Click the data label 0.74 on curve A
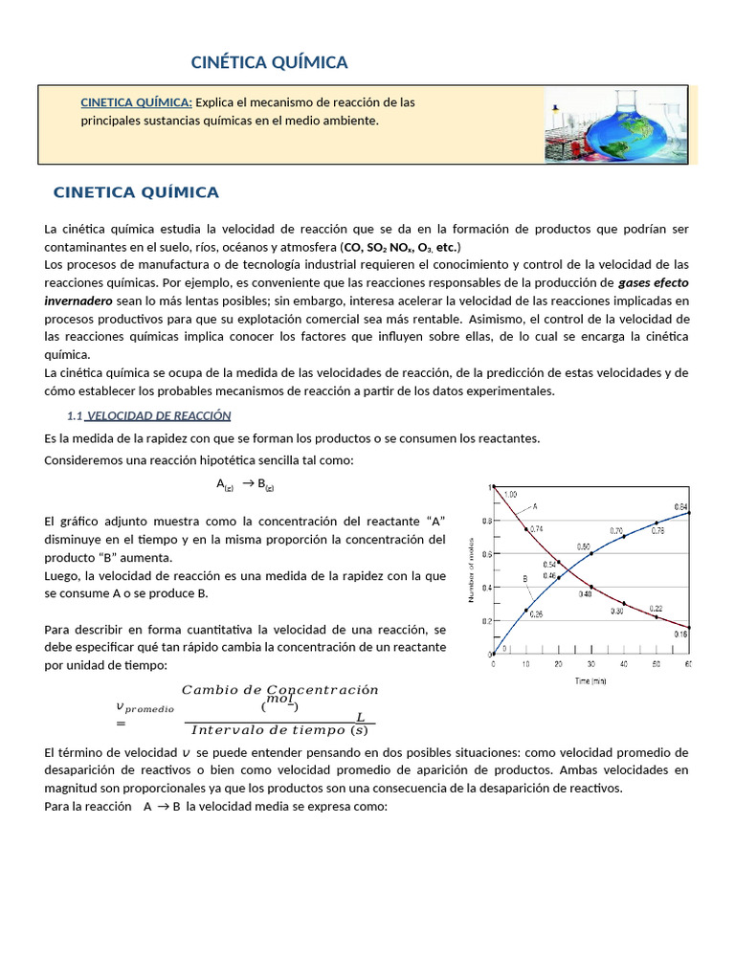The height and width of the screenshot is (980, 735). pyautogui.click(x=536, y=528)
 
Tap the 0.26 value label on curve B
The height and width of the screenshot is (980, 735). pyautogui.click(x=536, y=614)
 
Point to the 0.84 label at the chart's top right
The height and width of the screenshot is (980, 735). pyautogui.click(x=680, y=506)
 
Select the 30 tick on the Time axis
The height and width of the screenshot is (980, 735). pyautogui.click(x=590, y=663)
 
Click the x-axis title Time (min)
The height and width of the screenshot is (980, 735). pyautogui.click(x=590, y=681)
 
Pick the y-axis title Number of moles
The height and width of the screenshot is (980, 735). pyautogui.click(x=471, y=572)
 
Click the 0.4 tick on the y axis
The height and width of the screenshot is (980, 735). pyautogui.click(x=485, y=588)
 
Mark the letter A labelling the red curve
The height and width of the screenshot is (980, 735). pyautogui.click(x=534, y=505)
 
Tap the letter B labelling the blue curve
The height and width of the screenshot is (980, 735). pyautogui.click(x=524, y=579)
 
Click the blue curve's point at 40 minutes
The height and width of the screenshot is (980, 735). pyautogui.click(x=624, y=537)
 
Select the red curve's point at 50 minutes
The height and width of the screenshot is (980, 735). pyautogui.click(x=657, y=617)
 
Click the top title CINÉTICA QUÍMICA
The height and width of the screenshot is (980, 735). pyautogui.click(x=270, y=63)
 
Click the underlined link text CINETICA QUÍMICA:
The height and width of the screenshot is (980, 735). pyautogui.click(x=136, y=102)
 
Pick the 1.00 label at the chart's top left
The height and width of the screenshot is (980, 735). pyautogui.click(x=510, y=494)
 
